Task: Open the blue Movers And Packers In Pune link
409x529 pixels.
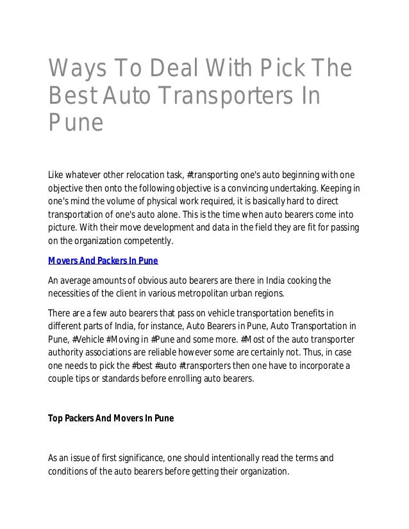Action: click(x=103, y=262)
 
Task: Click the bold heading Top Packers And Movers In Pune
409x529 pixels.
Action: click(x=111, y=419)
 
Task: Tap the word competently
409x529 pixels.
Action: click(x=146, y=241)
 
